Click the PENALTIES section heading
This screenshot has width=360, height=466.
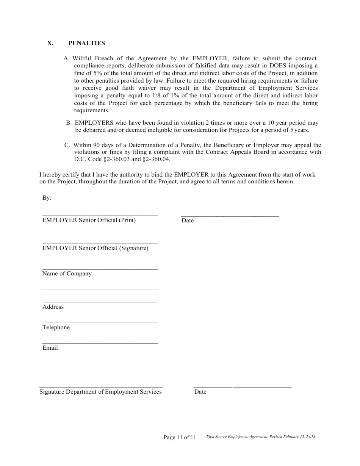(x=87, y=43)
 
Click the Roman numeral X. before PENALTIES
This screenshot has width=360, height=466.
(x=50, y=43)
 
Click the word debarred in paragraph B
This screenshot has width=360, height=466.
(x=97, y=130)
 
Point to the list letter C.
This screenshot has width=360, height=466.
(x=67, y=145)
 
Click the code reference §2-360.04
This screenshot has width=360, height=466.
(x=157, y=160)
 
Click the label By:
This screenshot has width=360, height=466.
(x=47, y=198)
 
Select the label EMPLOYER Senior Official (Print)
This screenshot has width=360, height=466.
(x=89, y=220)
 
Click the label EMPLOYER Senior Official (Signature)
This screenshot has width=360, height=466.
(x=95, y=248)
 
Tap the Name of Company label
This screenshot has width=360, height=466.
(x=67, y=274)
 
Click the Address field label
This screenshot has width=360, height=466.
(x=53, y=307)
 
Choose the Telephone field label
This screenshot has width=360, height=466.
(x=56, y=327)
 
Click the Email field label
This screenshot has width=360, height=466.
(x=50, y=348)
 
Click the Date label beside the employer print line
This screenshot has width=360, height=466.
(x=188, y=220)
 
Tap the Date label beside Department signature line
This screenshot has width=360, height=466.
(x=200, y=392)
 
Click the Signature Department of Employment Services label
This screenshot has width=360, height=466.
(x=100, y=392)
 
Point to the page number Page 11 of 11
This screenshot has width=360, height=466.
(x=180, y=437)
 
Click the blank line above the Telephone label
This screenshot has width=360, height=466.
(x=100, y=322)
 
